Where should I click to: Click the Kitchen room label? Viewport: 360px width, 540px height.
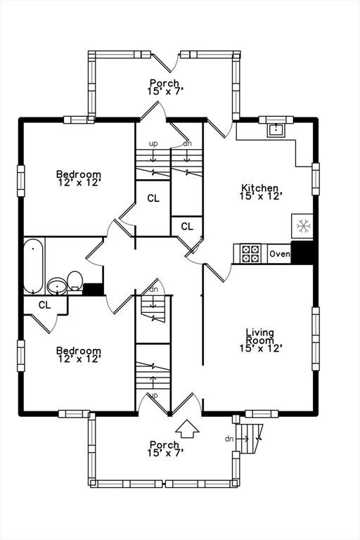tap(259, 188)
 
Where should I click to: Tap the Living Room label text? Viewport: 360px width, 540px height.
tap(260, 337)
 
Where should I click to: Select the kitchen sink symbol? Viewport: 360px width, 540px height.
tap(276, 130)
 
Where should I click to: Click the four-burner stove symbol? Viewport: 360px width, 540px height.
tap(250, 253)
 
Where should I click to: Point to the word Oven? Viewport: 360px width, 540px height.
tap(279, 254)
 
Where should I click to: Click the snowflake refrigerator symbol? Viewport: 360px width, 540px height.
tap(302, 226)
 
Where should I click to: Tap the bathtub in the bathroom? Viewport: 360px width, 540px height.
tap(34, 266)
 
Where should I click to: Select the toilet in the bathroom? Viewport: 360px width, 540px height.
tap(75, 282)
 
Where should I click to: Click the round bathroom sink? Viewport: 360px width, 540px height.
tap(57, 286)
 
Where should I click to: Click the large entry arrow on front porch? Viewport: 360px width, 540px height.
tap(187, 428)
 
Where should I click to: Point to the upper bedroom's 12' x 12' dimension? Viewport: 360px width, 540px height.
tap(79, 182)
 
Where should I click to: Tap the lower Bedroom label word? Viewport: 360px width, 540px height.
tap(79, 351)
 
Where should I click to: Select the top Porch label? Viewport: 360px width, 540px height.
tap(165, 83)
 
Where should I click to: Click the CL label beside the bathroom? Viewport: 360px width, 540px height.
tap(44, 304)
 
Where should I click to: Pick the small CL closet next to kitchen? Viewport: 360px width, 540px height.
tap(187, 226)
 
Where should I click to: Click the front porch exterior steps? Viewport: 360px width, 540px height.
tap(249, 439)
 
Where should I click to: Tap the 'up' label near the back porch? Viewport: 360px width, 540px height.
tap(153, 144)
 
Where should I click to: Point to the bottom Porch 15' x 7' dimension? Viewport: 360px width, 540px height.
tap(165, 453)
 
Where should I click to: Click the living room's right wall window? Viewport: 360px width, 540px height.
tap(316, 338)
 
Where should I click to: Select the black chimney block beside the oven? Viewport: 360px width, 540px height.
tap(302, 253)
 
